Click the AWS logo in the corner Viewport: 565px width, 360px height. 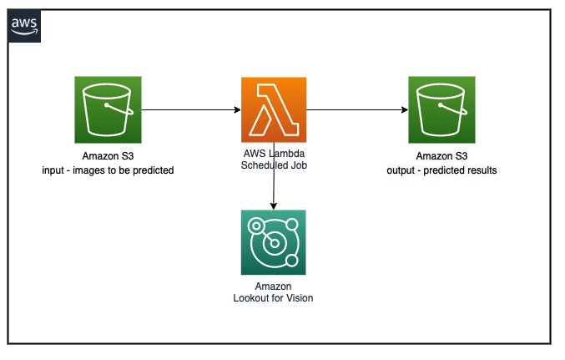tap(23, 26)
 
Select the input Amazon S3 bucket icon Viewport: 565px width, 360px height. tap(108, 109)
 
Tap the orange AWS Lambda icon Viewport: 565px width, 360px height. tap(274, 109)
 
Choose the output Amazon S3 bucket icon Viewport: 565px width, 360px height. tap(441, 109)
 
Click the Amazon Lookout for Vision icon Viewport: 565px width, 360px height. tap(274, 242)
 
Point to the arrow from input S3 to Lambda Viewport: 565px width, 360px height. tap(191, 109)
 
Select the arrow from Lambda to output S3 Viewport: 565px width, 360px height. tap(357, 109)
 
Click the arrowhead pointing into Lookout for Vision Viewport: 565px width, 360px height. tap(274, 206)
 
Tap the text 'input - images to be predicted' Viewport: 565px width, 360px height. tap(108, 170)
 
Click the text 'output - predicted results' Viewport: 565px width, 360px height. tap(441, 170)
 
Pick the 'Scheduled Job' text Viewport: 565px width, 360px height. tap(274, 165)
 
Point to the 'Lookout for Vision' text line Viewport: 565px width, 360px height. tap(273, 298)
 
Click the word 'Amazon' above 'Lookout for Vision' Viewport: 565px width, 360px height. tap(273, 286)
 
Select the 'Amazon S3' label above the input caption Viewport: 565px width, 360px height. tap(108, 156)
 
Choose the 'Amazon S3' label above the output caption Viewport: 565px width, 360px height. tap(441, 156)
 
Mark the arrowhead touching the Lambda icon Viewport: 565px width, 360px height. tap(238, 109)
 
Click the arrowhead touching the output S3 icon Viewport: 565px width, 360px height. tap(405, 109)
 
